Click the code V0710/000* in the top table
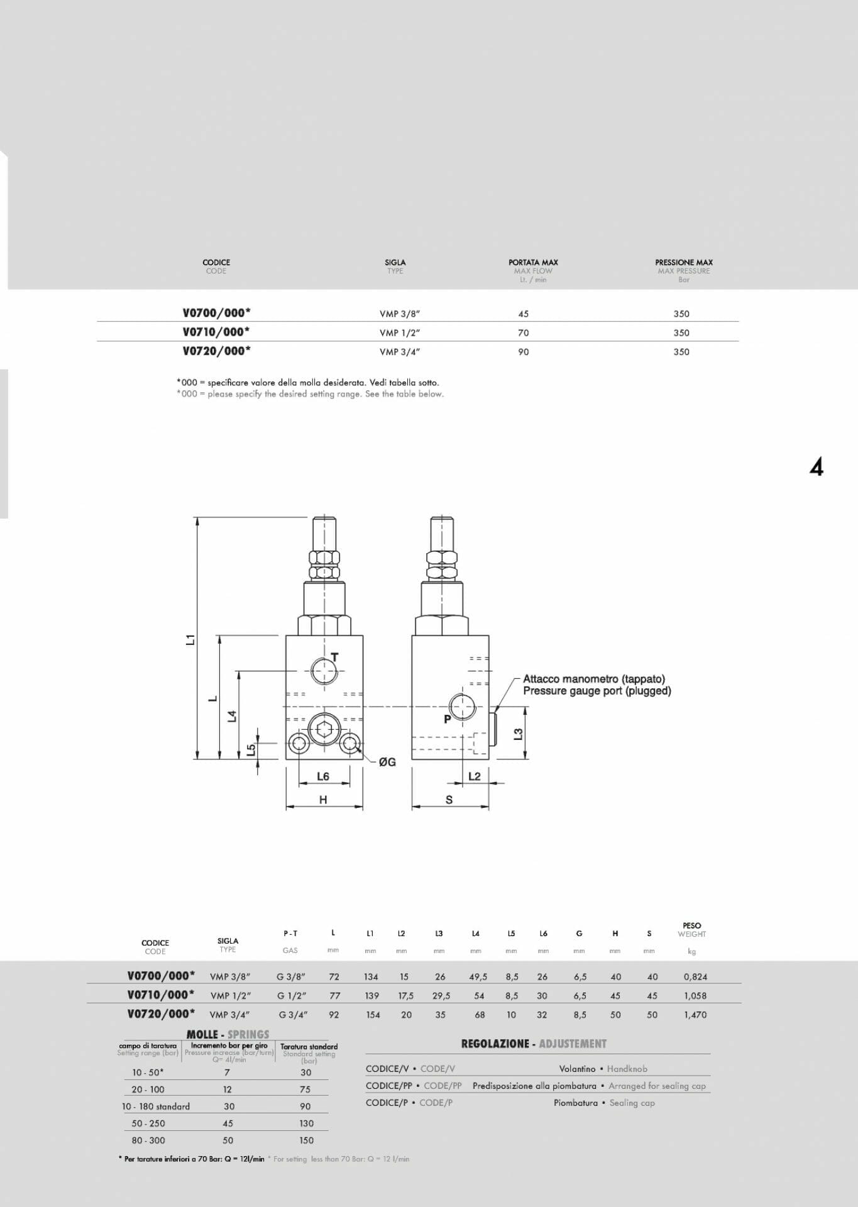coord(216,332)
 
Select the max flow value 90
coord(523,352)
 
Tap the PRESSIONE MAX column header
coord(683,262)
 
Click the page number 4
coord(816,467)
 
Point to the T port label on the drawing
coord(334,657)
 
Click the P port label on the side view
coord(447,719)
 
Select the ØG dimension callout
coord(387,762)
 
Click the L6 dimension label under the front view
coord(322,776)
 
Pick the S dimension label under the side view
coord(449,800)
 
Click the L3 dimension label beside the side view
coord(518,734)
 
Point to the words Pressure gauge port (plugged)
coord(597,691)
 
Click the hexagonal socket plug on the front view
coord(324,729)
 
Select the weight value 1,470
coord(695,1015)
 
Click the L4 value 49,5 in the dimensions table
coord(478,977)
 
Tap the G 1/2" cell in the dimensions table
coord(291,996)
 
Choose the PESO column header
coord(691,925)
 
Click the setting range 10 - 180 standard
coord(155,1106)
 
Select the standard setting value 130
coord(306,1123)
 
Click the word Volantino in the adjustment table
coord(576,1069)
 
